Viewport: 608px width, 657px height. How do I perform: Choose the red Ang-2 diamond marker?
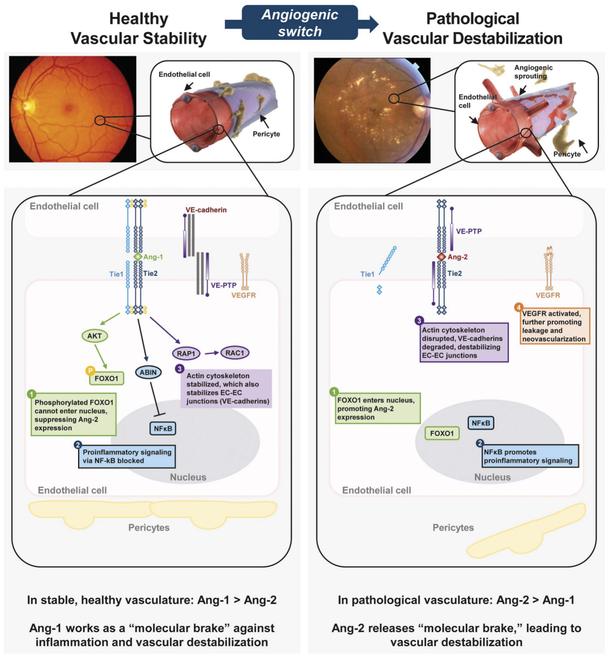coord(442,257)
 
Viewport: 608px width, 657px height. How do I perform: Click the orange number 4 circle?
coord(518,307)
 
